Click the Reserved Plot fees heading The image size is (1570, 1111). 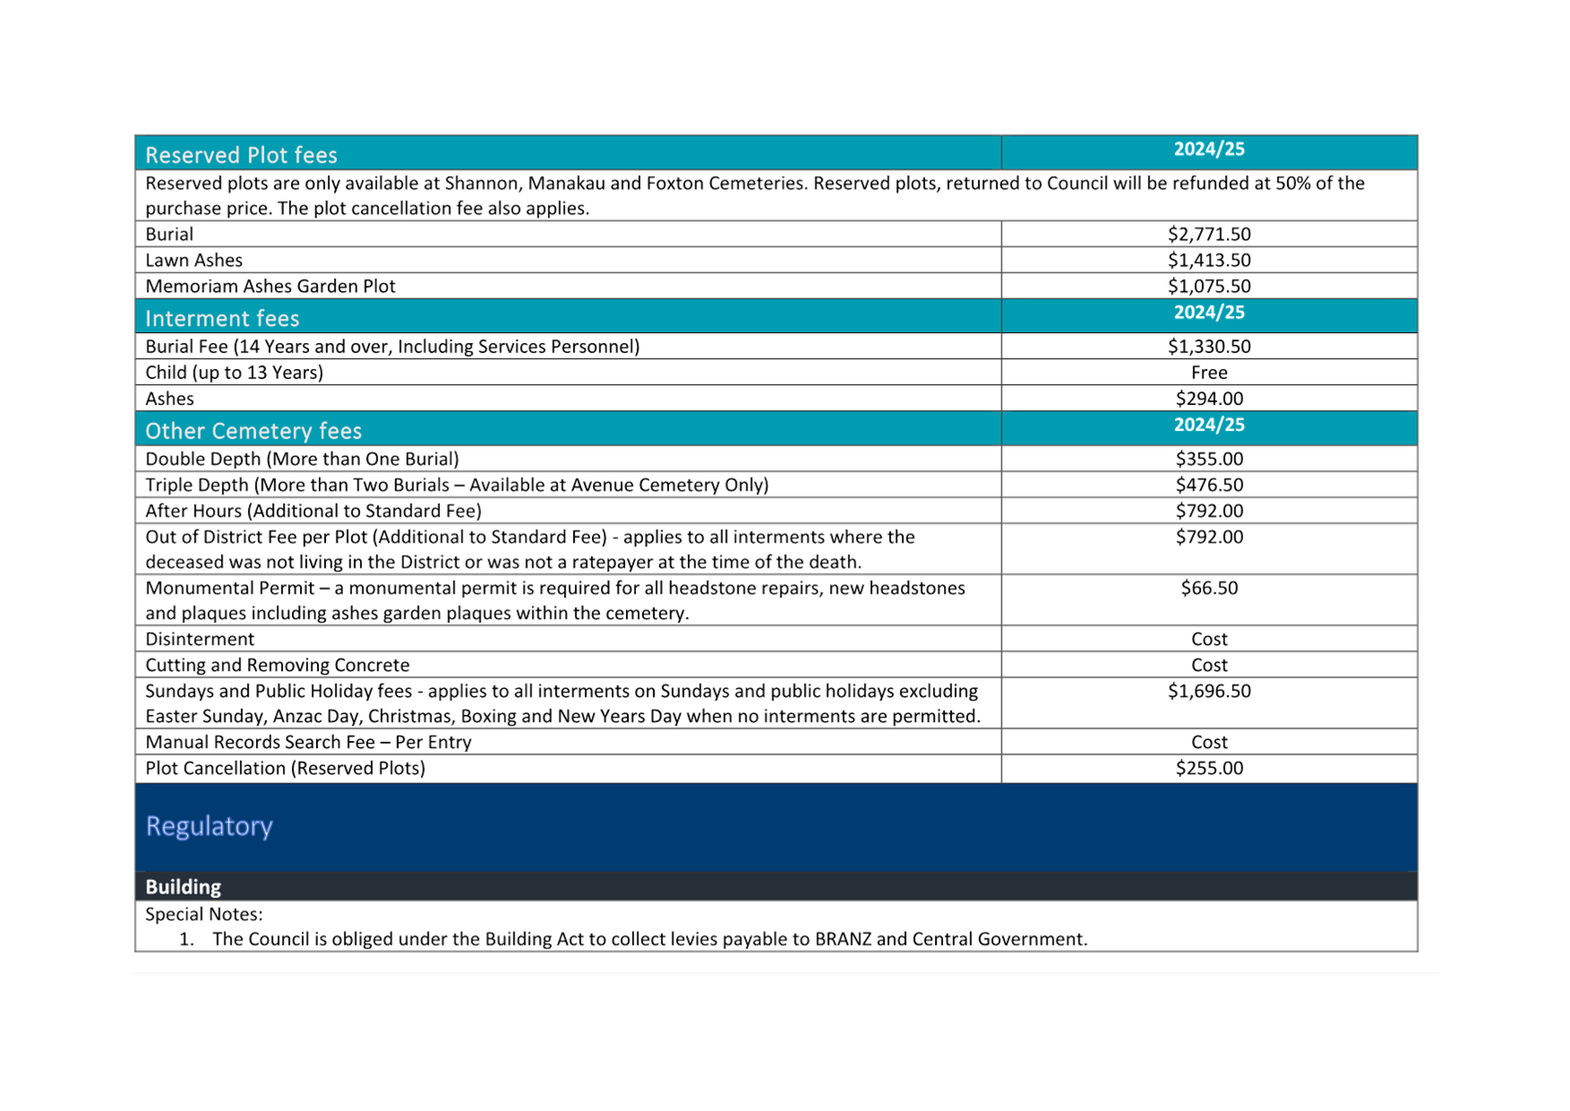pyautogui.click(x=241, y=154)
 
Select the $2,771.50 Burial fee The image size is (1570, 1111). pyautogui.click(x=1209, y=234)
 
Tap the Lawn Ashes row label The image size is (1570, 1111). pyautogui.click(x=194, y=260)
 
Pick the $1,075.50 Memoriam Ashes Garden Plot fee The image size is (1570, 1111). pyautogui.click(x=1209, y=287)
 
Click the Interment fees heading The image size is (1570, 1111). pyautogui.click(x=222, y=318)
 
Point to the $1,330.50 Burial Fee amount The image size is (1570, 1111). pyautogui.click(x=1209, y=347)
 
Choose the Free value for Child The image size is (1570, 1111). pyautogui.click(x=1209, y=373)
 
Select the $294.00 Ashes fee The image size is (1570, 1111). pyautogui.click(x=1209, y=399)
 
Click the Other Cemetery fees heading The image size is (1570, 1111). pyautogui.click(x=253, y=431)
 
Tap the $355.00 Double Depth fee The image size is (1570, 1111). pyautogui.click(x=1209, y=459)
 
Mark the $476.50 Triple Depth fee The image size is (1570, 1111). pyautogui.click(x=1209, y=485)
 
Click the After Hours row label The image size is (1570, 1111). pyautogui.click(x=313, y=511)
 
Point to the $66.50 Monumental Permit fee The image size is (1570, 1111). pyautogui.click(x=1209, y=588)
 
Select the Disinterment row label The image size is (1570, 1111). pyautogui.click(x=199, y=639)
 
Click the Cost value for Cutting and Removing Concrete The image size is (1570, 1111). pyautogui.click(x=1209, y=666)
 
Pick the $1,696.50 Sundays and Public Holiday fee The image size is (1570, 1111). pyautogui.click(x=1209, y=692)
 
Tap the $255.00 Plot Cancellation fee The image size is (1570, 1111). pyautogui.click(x=1209, y=769)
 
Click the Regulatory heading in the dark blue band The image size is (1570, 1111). pyautogui.click(x=209, y=826)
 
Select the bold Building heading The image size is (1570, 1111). pyautogui.click(x=183, y=887)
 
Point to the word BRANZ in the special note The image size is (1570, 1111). pyautogui.click(x=842, y=939)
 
